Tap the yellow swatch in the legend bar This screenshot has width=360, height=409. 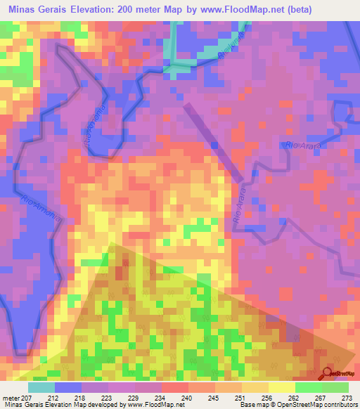[281, 387]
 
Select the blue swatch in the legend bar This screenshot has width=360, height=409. [68, 387]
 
